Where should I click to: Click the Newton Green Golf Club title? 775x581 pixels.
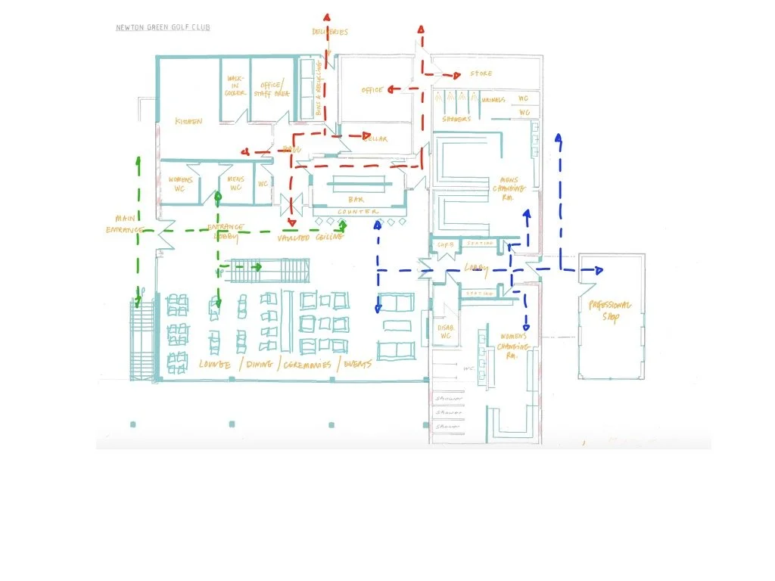(x=163, y=28)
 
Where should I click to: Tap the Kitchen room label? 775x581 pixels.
(x=188, y=121)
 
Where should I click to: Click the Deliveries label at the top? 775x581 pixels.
(x=329, y=33)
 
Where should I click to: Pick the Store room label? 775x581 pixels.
(x=481, y=74)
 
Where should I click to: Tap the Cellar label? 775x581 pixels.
(x=376, y=139)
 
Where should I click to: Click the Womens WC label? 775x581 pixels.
(x=182, y=184)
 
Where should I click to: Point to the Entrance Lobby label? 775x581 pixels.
(x=226, y=231)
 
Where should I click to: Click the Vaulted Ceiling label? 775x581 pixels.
(x=310, y=238)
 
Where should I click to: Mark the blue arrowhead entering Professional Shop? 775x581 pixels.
(x=599, y=270)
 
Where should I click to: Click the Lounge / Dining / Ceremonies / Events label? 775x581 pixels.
(x=285, y=365)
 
